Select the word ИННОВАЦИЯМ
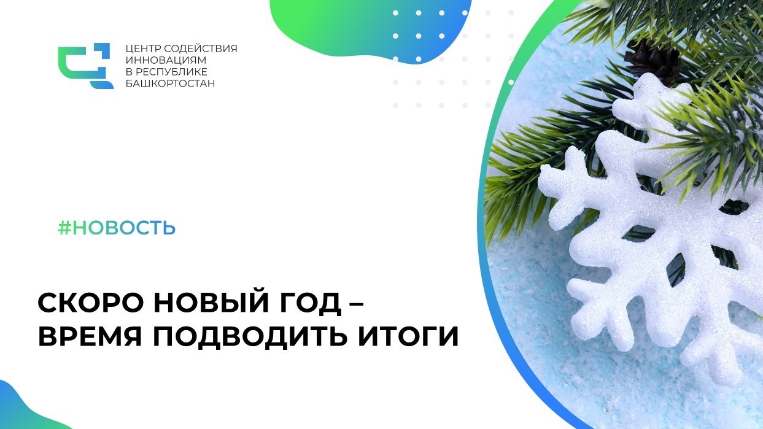[166, 60]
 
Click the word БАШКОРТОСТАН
[170, 83]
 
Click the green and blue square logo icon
[85, 66]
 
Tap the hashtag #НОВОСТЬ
[117, 228]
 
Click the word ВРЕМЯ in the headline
[90, 336]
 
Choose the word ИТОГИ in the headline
[408, 336]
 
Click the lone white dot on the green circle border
[511, 82]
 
